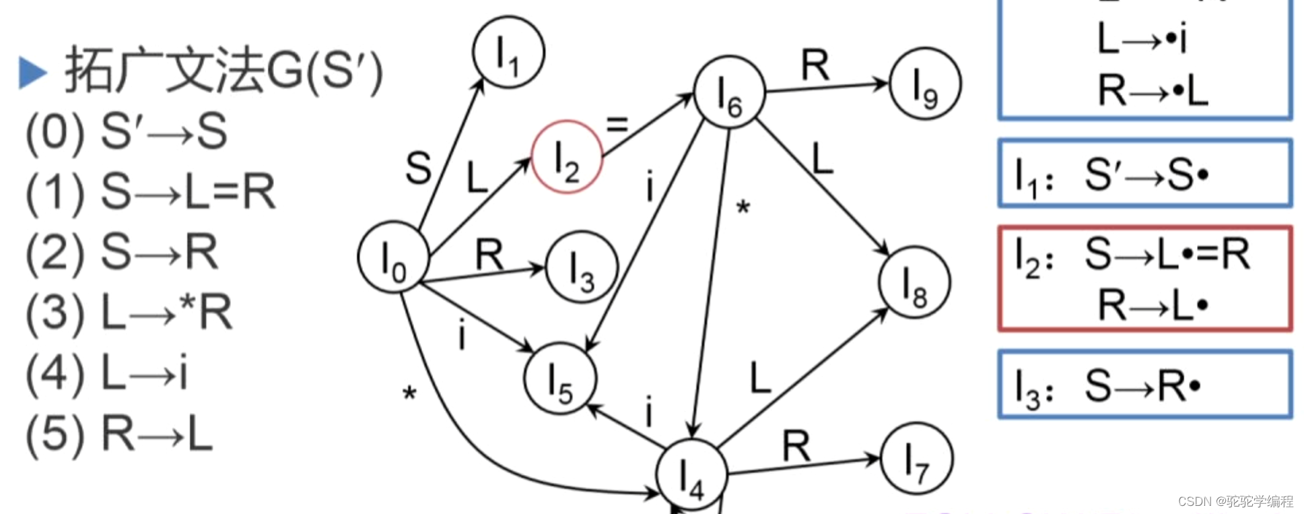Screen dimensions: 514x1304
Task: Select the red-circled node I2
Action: [x=567, y=157]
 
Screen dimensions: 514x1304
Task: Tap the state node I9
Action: [x=925, y=84]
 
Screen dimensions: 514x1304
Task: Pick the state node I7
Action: [x=916, y=459]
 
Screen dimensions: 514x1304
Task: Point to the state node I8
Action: [x=914, y=282]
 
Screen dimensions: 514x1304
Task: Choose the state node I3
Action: [x=582, y=267]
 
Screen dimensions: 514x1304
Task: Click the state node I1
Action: [x=508, y=52]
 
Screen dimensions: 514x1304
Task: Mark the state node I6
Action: [x=729, y=93]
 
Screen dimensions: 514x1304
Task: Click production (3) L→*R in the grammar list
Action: [x=129, y=313]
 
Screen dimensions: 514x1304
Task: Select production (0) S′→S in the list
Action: [x=127, y=131]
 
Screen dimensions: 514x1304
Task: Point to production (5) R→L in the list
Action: [x=120, y=434]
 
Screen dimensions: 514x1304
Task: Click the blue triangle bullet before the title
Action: [x=32, y=72]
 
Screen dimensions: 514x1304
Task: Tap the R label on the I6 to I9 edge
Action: [x=815, y=66]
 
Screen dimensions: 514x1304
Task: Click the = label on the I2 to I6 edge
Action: [x=617, y=124]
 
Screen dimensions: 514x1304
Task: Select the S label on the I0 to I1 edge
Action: [x=418, y=168]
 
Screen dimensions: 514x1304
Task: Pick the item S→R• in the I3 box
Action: [x=1142, y=386]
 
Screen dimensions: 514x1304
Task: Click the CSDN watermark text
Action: [x=1235, y=501]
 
